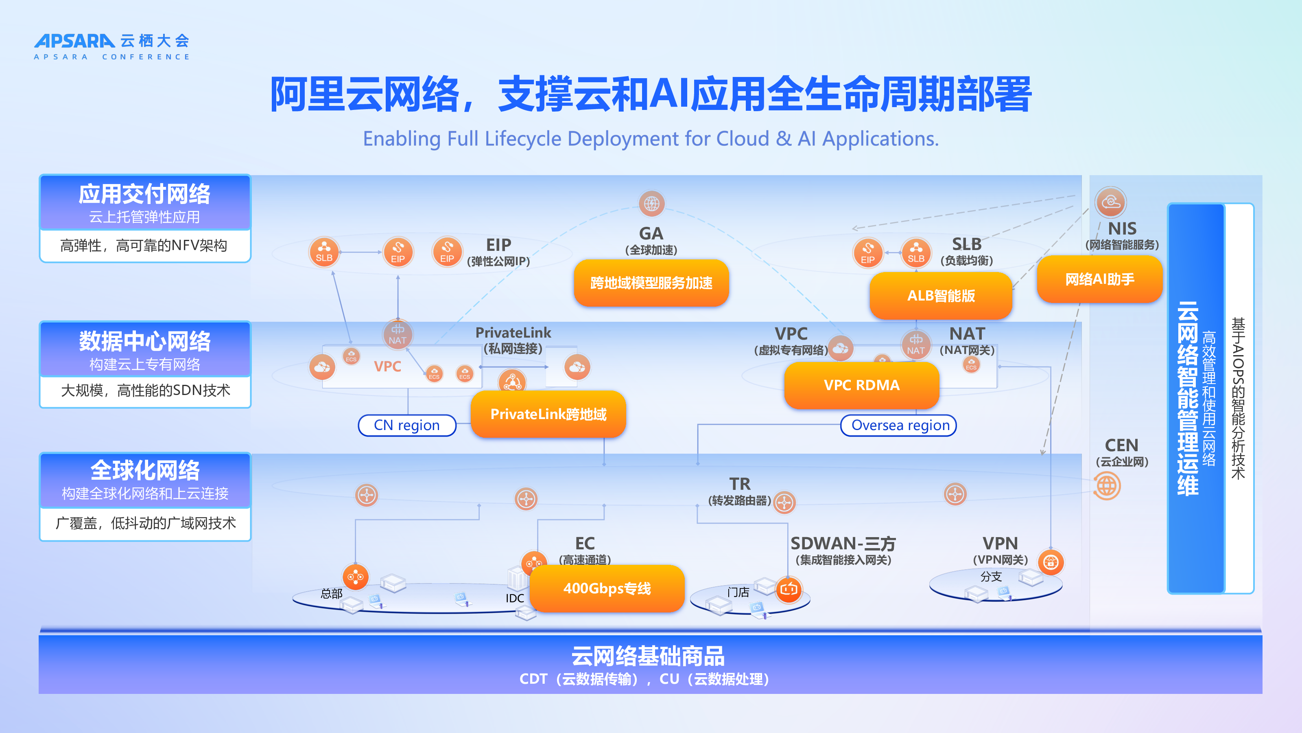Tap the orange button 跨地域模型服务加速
click(651, 283)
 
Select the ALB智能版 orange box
click(941, 295)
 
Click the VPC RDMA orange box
click(861, 385)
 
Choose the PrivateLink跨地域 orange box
click(548, 414)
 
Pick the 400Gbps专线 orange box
click(607, 588)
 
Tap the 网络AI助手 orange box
click(1099, 279)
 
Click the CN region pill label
click(407, 425)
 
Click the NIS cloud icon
click(1110, 202)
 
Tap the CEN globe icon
click(1107, 486)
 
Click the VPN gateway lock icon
click(1051, 562)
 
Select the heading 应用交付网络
click(144, 194)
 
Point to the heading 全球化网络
click(144, 470)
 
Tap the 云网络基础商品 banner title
click(647, 656)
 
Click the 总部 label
click(332, 593)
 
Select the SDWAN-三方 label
click(843, 543)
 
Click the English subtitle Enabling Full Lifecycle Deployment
click(651, 138)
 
